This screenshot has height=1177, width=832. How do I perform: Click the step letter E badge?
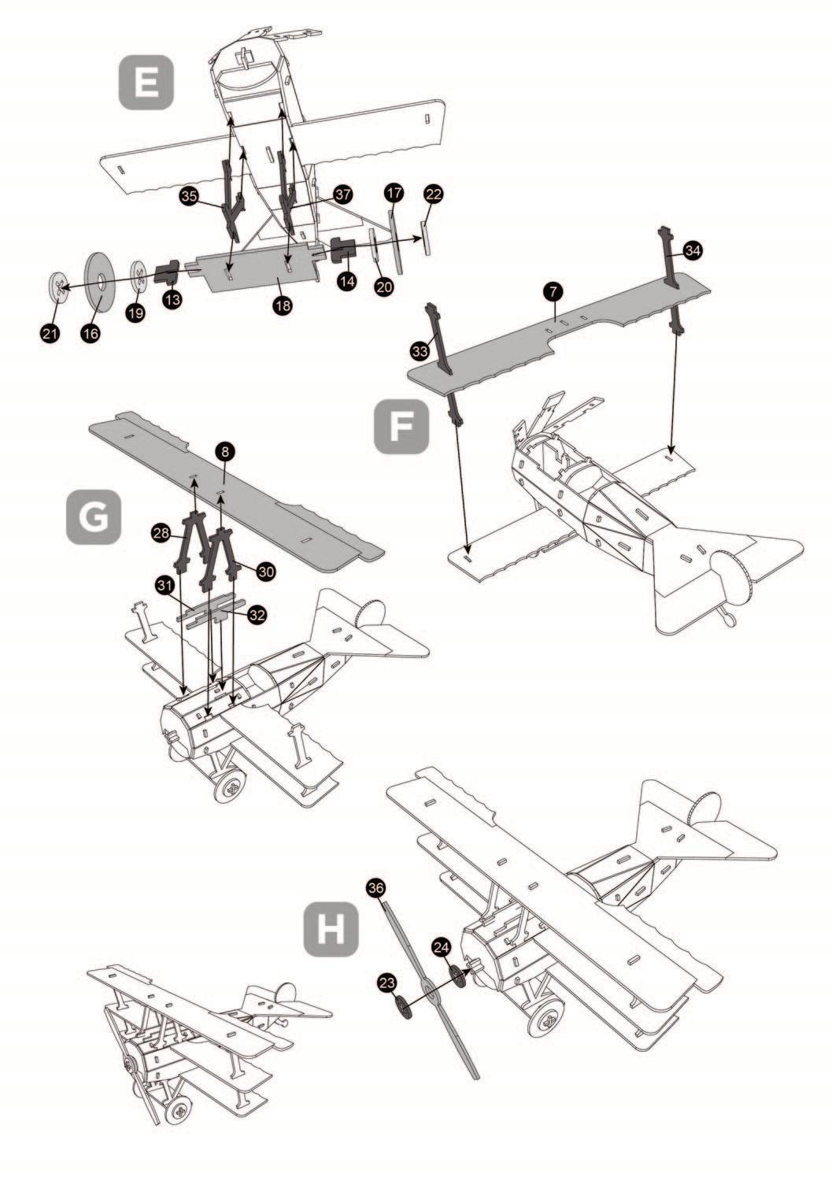pos(146,82)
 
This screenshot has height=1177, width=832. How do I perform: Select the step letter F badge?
pos(401,426)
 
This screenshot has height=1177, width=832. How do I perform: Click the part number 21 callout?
pos(50,334)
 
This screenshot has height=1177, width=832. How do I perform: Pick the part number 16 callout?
pos(91,334)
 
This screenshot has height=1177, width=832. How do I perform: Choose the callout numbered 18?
pos(283,305)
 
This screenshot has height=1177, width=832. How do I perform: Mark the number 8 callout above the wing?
pos(225,451)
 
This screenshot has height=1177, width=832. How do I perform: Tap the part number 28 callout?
pos(161,533)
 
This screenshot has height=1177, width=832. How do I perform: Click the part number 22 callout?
pos(434,194)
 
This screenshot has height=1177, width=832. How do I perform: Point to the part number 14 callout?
pos(346,281)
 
